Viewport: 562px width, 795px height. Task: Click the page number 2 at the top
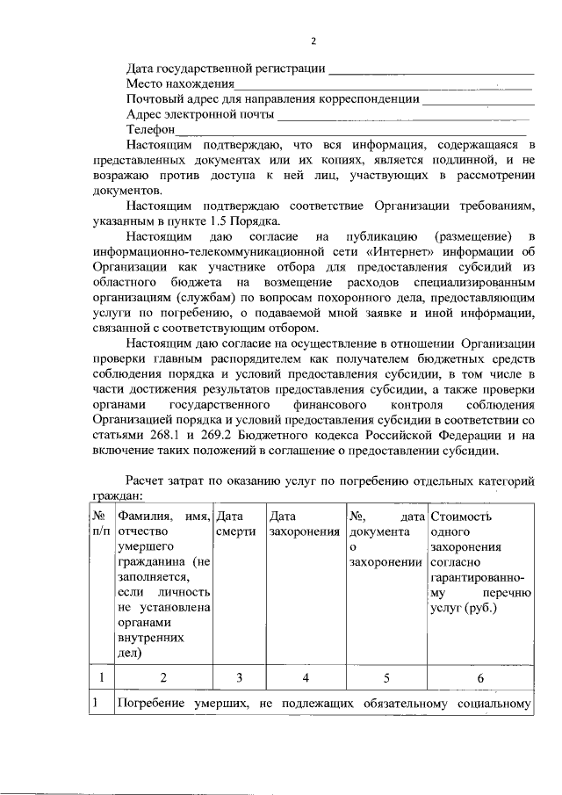tap(312, 40)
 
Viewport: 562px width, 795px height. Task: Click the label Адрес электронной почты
tap(200, 114)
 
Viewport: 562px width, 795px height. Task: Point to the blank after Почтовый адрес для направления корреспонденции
tap(478, 100)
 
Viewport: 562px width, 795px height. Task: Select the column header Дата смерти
tap(235, 524)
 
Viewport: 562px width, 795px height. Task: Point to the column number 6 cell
tap(479, 677)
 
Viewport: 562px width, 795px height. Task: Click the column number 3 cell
tap(239, 677)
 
